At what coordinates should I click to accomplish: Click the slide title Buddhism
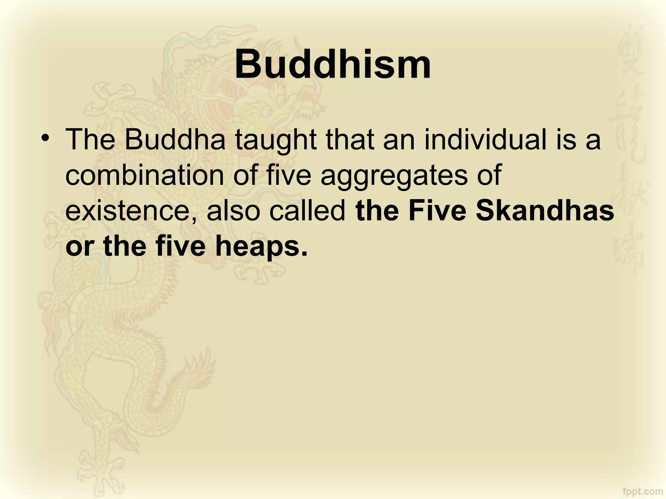(x=333, y=64)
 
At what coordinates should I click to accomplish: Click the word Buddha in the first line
(x=175, y=140)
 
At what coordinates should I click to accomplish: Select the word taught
(x=276, y=140)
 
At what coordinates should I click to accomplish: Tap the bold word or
(x=79, y=247)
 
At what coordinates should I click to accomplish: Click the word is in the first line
(x=566, y=140)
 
